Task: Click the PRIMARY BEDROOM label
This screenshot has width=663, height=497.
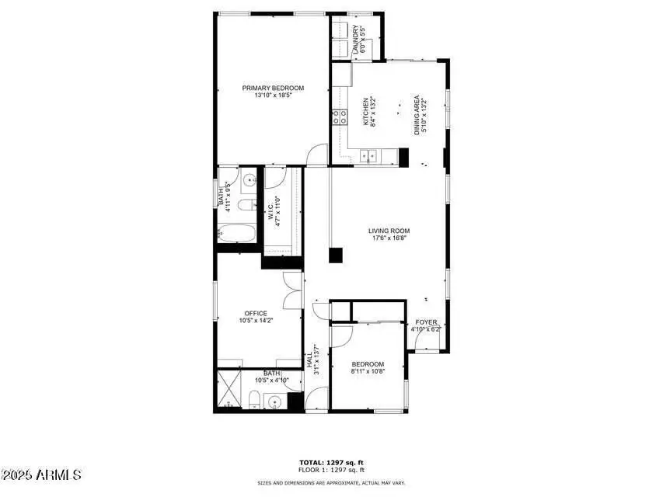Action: tap(273, 88)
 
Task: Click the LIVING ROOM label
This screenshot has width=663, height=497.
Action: tap(389, 231)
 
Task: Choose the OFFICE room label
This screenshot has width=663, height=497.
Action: tap(256, 314)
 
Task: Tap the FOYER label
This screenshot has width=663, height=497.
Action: tap(426, 322)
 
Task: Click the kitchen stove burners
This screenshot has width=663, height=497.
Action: tap(340, 117)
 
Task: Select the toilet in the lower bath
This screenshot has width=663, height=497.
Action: tap(254, 400)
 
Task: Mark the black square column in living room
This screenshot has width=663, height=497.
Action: tap(336, 254)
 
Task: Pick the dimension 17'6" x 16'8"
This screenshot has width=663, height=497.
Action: tap(389, 239)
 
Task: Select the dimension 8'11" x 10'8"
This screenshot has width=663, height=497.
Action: tap(367, 372)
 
